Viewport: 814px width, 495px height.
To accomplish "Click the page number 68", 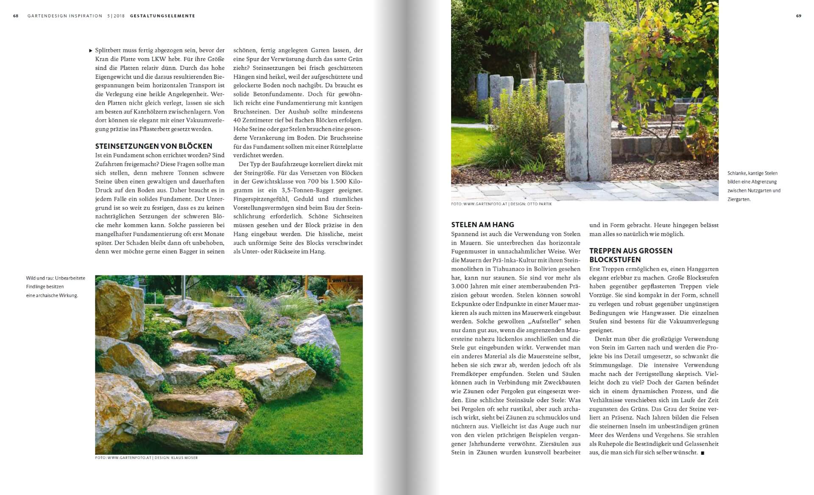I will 16,16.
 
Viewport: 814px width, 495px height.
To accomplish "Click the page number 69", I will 799,16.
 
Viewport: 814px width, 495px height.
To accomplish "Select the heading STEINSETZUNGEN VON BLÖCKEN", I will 153,146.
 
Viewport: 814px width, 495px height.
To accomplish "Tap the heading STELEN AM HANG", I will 482,225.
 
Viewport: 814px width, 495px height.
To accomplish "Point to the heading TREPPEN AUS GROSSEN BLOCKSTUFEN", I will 631,255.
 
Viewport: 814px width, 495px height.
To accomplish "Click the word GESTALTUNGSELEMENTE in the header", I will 162,16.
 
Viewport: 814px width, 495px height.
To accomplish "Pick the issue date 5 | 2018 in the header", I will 116,16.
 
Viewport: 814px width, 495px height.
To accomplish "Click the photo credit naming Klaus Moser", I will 146,458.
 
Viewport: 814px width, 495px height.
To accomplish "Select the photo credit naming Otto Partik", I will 502,204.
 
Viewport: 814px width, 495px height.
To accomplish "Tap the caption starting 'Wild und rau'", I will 56,287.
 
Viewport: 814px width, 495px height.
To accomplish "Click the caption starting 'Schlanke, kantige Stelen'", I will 754,186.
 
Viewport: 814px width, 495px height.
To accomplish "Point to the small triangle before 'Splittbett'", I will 91,50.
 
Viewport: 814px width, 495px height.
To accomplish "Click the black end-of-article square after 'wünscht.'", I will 702,453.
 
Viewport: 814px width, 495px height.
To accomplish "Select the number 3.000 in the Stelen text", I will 460,286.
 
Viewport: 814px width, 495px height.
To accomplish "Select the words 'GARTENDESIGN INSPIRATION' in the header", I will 65,16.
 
